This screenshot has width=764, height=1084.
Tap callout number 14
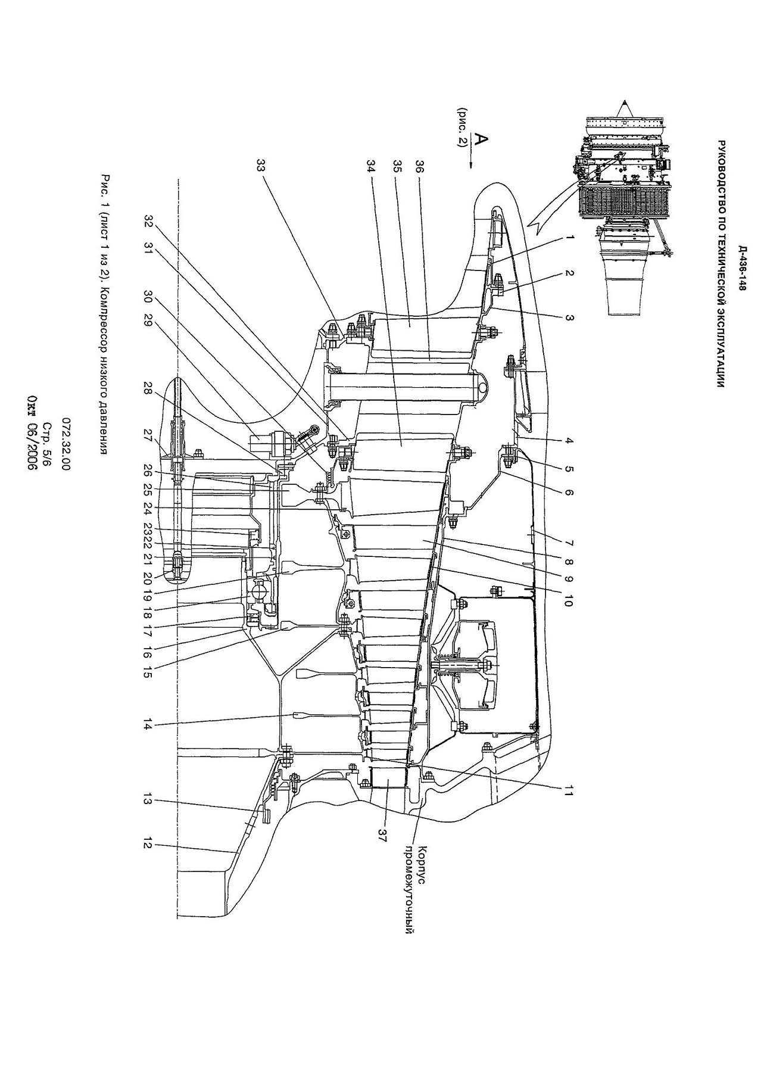(x=146, y=725)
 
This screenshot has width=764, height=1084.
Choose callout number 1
(x=569, y=237)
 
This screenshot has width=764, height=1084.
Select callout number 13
(x=146, y=800)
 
